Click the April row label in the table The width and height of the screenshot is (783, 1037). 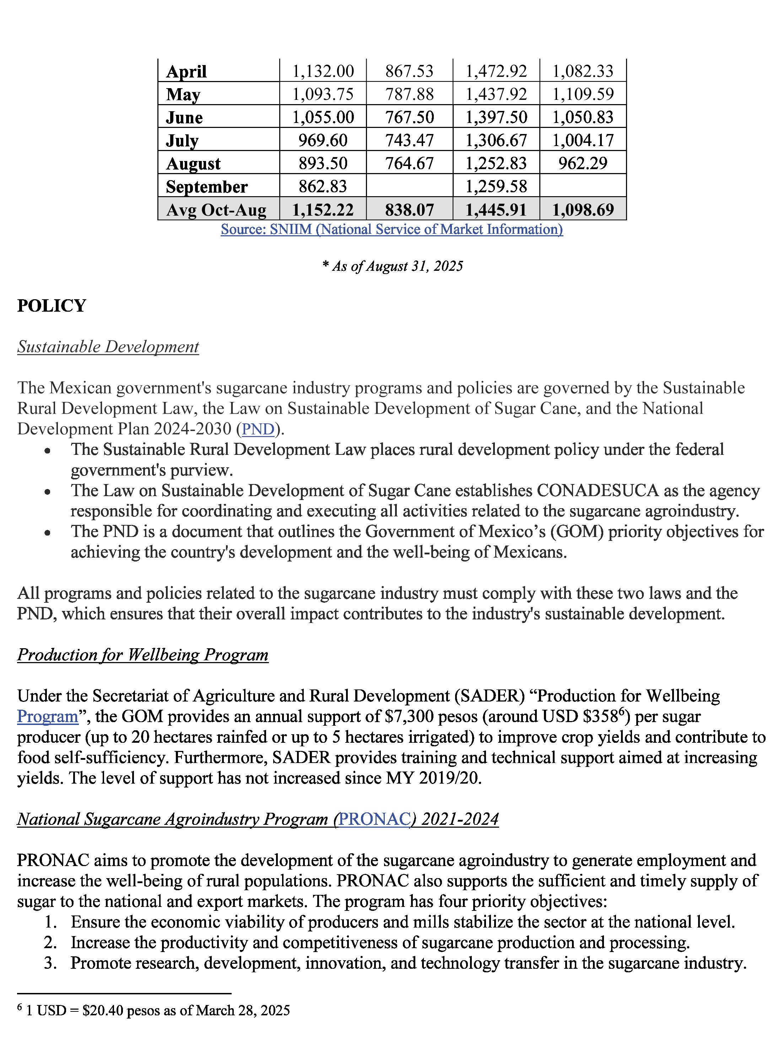[187, 72]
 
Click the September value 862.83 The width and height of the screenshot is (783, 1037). [323, 187]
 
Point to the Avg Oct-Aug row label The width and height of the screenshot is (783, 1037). [216, 210]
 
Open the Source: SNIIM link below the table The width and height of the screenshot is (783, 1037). [392, 229]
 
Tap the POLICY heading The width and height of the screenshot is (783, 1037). [52, 306]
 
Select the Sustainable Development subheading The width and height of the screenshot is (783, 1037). [108, 347]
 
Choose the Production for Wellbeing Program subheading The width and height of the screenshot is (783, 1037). [143, 655]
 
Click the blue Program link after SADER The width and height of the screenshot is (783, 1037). [47, 717]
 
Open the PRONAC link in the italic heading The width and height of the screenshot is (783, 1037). [374, 819]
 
